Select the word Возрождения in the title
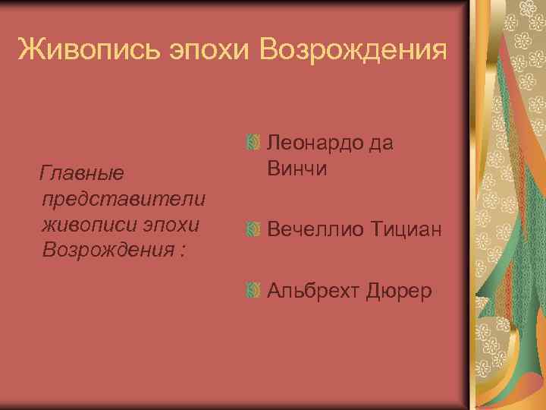point(352,51)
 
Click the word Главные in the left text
point(83,174)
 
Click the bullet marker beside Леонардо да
point(254,142)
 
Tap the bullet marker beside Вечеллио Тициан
point(254,229)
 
